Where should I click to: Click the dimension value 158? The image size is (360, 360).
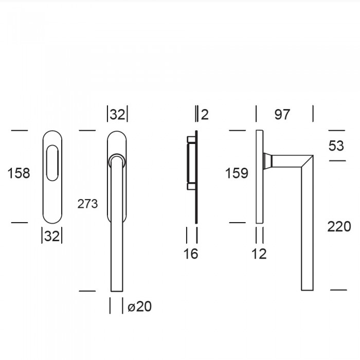19,173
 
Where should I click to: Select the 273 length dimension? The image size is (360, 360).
87,204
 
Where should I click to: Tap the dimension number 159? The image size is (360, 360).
237,173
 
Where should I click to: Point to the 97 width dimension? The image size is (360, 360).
282,114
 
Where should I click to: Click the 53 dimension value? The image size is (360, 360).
336,146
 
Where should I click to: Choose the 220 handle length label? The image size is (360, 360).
339,227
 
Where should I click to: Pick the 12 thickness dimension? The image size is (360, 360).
259,254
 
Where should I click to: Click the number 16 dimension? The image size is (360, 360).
191,254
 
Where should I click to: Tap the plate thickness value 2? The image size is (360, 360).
205,114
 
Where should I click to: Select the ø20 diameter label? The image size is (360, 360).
139,307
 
